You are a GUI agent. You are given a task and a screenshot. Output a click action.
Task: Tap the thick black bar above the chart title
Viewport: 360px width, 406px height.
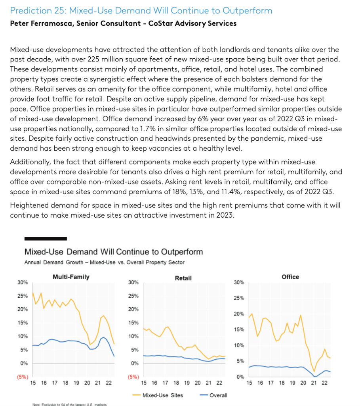(46, 238)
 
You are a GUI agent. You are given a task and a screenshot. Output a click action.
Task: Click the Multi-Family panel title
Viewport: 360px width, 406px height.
(71, 277)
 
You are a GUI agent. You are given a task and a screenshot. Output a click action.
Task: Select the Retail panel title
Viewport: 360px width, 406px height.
(183, 278)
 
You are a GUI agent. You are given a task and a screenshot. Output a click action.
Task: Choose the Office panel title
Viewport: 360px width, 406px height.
(290, 277)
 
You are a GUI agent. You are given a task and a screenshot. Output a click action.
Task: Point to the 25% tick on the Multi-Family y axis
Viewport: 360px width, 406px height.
(22, 296)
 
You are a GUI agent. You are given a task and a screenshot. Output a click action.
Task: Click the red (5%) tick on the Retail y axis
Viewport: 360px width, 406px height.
(133, 377)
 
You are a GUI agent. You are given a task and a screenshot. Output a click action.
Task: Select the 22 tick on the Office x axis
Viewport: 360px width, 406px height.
(324, 383)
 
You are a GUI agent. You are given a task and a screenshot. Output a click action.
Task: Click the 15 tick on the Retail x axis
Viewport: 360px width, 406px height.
(144, 383)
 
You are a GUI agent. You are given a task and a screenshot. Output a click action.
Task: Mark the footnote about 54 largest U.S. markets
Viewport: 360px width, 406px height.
(67, 404)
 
